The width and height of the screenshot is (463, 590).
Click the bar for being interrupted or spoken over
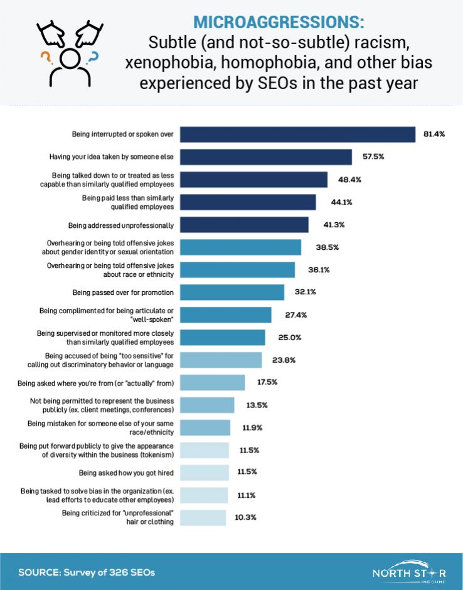coord(297,135)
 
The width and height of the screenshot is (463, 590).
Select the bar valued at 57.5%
coord(266,157)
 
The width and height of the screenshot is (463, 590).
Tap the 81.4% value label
coord(434,135)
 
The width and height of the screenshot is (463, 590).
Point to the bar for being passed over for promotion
coord(232,292)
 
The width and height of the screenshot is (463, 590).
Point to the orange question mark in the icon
coord(45,58)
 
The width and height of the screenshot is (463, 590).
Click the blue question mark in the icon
coord(93,58)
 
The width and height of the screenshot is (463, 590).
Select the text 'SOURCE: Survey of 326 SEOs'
coord(87,572)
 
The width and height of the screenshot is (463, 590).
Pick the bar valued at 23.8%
coord(221,360)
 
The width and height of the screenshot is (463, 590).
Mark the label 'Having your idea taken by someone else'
coord(112,157)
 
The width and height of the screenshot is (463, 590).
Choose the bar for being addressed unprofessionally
coord(244,225)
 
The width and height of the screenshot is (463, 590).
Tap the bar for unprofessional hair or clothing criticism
coord(203,518)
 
